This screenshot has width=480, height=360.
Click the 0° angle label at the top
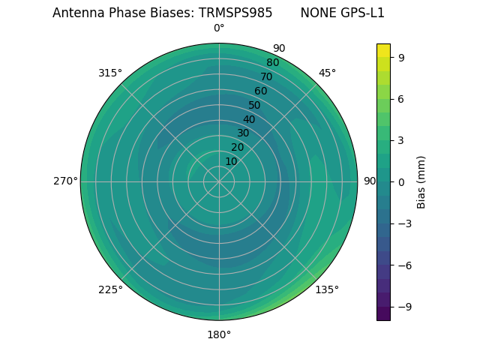(x=219, y=28)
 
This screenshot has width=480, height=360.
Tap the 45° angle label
(x=327, y=73)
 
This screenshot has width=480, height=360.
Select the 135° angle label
(x=327, y=289)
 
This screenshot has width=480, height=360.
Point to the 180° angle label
(x=219, y=334)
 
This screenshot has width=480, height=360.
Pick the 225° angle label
(x=110, y=289)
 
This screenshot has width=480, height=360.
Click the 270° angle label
(x=65, y=181)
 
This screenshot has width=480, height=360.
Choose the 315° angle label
(x=110, y=73)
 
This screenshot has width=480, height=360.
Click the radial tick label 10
(x=231, y=161)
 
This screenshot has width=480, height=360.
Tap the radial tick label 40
(x=249, y=119)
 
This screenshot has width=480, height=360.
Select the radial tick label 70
(x=266, y=76)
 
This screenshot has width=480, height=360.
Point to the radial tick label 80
(x=272, y=62)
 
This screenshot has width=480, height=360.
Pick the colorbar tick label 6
(x=401, y=98)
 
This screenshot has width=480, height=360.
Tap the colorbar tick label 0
(x=401, y=181)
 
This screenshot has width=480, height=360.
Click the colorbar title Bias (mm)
(x=421, y=181)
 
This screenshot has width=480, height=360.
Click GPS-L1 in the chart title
(x=363, y=13)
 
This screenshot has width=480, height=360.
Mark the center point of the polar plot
(x=219, y=181)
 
